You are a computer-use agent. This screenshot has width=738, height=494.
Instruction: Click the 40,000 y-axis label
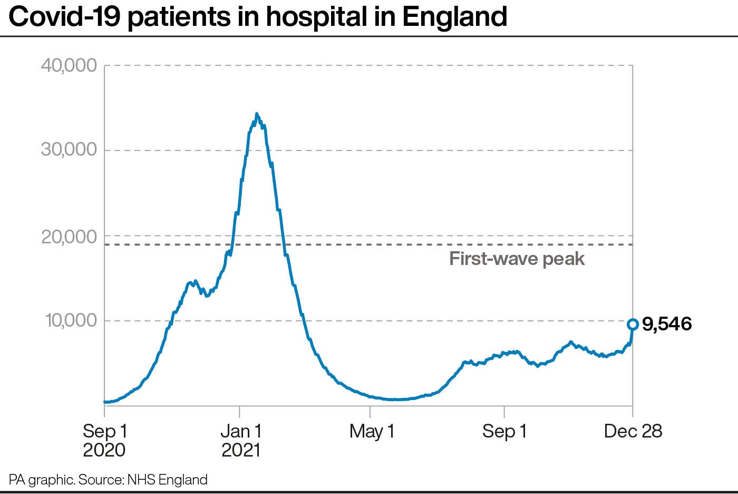(69, 65)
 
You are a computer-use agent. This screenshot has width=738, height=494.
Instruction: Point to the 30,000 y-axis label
(69, 150)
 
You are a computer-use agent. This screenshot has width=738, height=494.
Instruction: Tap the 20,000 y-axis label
(69, 237)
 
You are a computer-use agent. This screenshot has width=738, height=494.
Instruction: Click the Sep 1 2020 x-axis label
(104, 440)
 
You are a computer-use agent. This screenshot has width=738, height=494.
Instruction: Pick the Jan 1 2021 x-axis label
(241, 440)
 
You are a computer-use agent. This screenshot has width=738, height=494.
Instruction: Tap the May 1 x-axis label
(372, 431)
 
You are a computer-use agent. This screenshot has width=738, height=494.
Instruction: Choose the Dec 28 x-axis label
(633, 431)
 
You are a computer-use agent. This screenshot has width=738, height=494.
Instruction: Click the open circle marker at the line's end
(633, 324)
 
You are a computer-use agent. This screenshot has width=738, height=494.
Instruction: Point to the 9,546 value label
(667, 324)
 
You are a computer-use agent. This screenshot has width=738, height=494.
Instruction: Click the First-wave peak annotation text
(517, 259)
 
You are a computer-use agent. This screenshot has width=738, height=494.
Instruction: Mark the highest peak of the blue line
(257, 114)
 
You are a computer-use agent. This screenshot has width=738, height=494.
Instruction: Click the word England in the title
(454, 17)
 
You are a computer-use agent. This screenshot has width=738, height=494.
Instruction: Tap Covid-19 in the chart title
(66, 17)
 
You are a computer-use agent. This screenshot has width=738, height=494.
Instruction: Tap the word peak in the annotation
(565, 259)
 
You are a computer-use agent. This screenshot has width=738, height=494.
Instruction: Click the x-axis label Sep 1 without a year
(504, 431)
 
